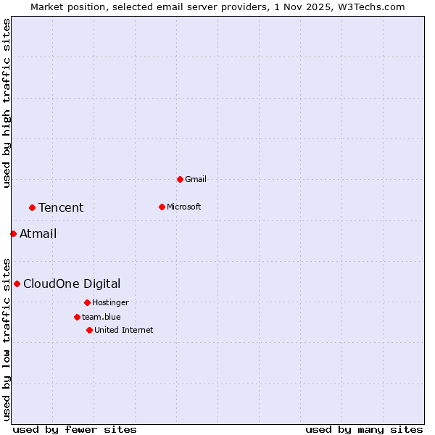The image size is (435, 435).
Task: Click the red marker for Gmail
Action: point(180,179)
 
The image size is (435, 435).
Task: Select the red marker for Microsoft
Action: point(162,207)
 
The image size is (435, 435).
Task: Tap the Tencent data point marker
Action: point(32,207)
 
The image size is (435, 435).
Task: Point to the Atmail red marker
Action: point(13,233)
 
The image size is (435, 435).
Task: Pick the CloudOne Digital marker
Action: point(17,283)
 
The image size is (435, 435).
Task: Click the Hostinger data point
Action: point(87,302)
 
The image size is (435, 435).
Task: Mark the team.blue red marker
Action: point(77,317)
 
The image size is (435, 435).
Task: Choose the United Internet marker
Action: point(89,330)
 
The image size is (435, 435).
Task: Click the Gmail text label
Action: point(196,179)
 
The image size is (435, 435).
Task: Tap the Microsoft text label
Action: point(184,207)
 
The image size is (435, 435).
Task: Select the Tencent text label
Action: point(61,208)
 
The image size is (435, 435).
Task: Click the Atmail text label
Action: point(38,233)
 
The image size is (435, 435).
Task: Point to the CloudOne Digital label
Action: point(72,283)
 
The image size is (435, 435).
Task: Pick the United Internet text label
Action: point(123,330)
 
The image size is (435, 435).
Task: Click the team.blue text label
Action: point(101,317)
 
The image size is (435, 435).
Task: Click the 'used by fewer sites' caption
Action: point(75,430)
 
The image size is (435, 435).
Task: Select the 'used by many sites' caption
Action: point(364,430)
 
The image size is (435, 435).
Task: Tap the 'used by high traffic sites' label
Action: point(7,104)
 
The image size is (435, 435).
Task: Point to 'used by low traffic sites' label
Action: point(7,339)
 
